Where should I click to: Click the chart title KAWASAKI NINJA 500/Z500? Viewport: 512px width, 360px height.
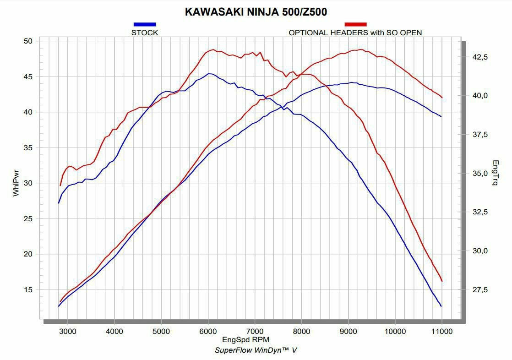256,12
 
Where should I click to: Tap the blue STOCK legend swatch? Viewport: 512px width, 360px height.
145,24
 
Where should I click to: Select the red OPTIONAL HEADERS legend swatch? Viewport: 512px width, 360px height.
355,24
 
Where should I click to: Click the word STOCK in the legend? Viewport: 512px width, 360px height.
145,33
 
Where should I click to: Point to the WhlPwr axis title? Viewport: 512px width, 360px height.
16,183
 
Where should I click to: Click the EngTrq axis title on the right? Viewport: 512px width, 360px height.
495,173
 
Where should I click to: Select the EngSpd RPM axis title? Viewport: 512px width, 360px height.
245,339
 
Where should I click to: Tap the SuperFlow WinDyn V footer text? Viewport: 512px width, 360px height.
256,350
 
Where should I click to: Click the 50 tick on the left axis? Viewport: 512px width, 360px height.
28,41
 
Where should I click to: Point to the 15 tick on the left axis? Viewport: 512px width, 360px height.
28,289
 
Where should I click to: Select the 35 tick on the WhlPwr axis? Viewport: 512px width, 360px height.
28,147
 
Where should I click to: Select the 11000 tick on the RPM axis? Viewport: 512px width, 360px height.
441,331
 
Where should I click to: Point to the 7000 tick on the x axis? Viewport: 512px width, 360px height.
255,331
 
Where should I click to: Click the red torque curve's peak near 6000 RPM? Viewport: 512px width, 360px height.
213,49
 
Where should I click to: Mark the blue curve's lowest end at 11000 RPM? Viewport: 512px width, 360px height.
441,306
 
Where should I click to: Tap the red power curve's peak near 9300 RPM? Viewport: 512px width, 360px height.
360,49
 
